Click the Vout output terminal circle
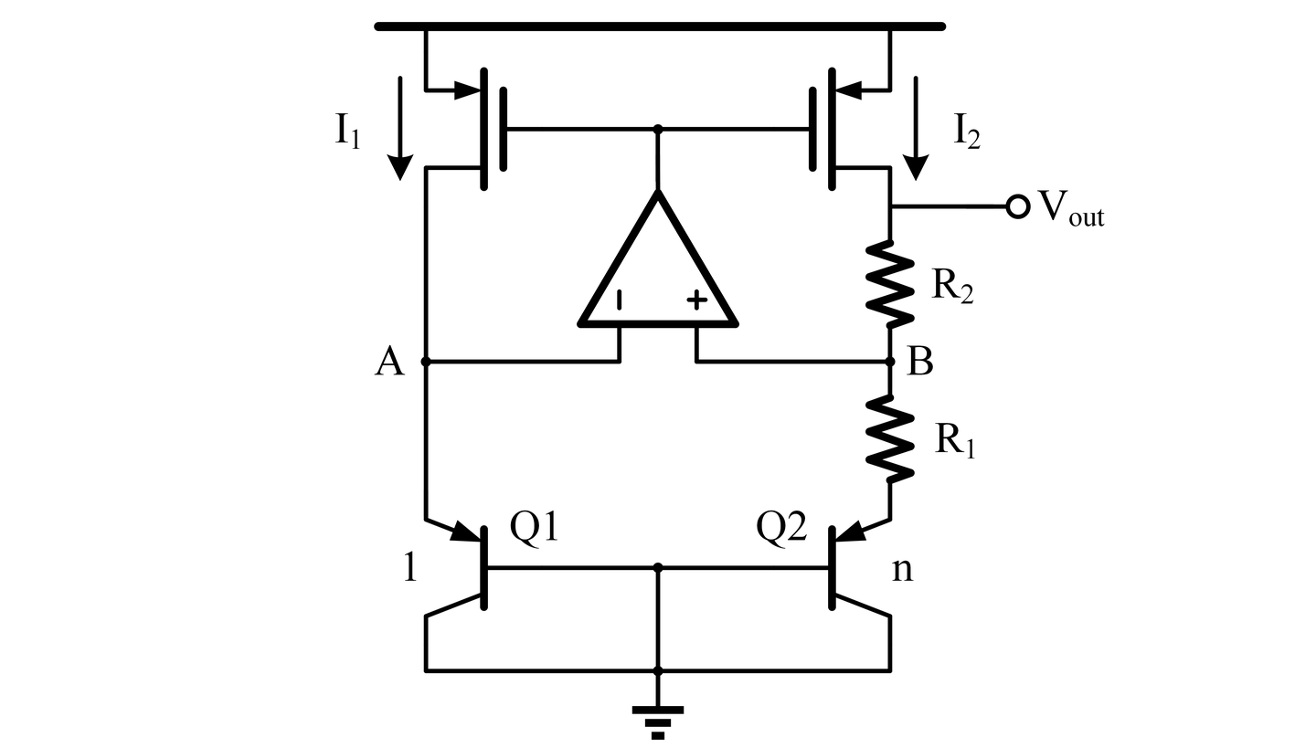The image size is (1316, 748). tap(1017, 206)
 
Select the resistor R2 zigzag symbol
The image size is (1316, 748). tap(890, 283)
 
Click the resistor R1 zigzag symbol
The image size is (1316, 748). tap(890, 438)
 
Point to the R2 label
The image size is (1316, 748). tap(952, 287)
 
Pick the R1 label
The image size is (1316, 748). tap(955, 440)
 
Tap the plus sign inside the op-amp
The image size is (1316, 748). tap(696, 300)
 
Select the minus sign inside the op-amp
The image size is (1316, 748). tap(620, 300)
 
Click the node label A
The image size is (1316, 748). tap(389, 361)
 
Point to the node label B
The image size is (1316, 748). tap(920, 361)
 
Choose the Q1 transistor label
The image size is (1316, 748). tap(534, 527)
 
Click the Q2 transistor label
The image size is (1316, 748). tap(781, 527)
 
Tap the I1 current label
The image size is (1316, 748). tap(347, 132)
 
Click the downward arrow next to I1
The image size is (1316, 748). tap(400, 128)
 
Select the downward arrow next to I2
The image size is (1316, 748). tap(916, 128)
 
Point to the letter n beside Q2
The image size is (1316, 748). tap(903, 570)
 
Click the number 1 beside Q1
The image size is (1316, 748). tap(410, 567)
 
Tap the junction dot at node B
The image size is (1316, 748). tap(890, 362)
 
